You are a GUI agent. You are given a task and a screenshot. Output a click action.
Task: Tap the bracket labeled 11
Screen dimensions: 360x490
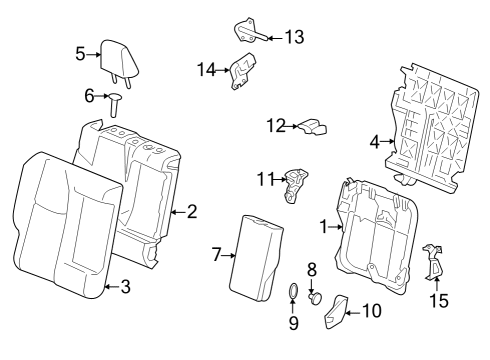tap(297, 184)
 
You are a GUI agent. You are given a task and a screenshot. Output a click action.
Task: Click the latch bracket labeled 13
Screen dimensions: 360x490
tap(246, 30)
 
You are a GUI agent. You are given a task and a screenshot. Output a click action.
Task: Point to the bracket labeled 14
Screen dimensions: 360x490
tap(239, 72)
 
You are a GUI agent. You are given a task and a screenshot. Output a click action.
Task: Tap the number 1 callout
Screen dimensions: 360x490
tap(323, 228)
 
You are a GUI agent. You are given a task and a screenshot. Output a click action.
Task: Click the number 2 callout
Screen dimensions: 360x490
tap(191, 211)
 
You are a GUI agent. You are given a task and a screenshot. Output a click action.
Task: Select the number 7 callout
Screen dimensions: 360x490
tap(217, 256)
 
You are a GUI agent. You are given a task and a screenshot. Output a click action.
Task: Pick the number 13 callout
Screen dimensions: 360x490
tap(294, 38)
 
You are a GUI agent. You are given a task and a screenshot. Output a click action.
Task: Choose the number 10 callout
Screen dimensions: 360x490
tap(371, 311)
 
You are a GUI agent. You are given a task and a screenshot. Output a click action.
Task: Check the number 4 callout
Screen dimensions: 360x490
tap(375, 142)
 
